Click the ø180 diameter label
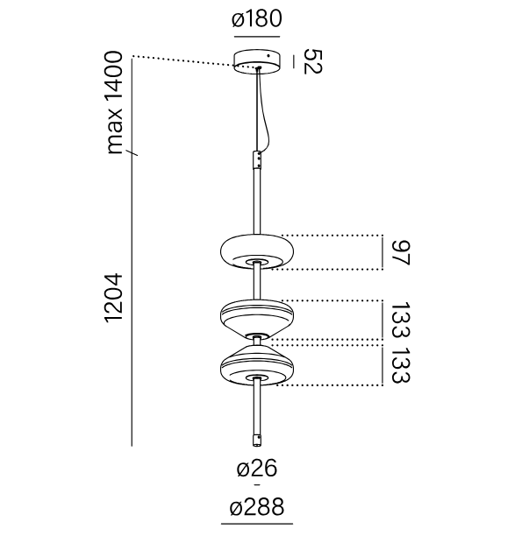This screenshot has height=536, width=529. click(257, 18)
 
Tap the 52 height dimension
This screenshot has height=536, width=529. click(312, 61)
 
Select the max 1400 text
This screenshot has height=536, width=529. click(114, 102)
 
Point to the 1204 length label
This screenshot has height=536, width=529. click(114, 298)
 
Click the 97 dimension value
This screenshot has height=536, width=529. click(400, 253)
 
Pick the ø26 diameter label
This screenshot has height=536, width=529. click(257, 469)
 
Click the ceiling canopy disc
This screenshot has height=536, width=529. click(257, 61)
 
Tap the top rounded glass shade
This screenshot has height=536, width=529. click(257, 251)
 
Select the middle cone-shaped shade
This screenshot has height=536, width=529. click(257, 320)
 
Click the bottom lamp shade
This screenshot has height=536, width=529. click(257, 365)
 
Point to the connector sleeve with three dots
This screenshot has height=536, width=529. click(257, 159)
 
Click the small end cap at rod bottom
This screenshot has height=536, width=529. click(257, 441)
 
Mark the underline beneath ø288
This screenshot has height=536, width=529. click(257, 524)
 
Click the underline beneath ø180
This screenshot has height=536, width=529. click(257, 36)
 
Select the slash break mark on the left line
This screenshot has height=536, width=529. click(132, 152)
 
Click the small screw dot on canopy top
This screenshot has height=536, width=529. click(269, 55)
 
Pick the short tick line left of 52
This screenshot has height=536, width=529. click(294, 62)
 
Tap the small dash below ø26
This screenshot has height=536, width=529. click(257, 484)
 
